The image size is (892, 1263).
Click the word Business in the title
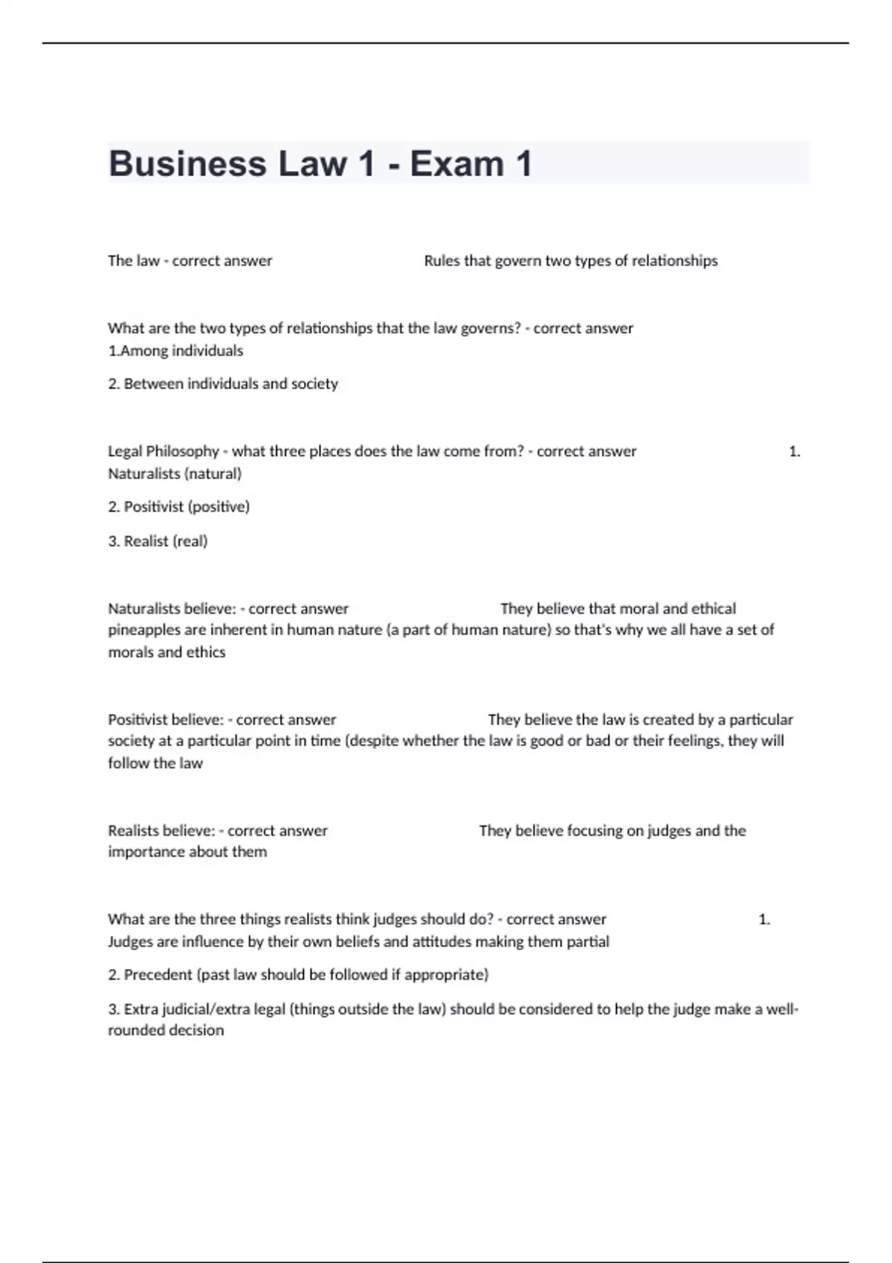[x=187, y=163]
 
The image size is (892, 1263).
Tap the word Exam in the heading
[x=456, y=163]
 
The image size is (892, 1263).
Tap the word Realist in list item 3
[x=146, y=541]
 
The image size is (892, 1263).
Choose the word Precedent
[x=158, y=974]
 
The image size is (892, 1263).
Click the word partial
[x=588, y=941]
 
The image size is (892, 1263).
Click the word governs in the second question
[x=491, y=328]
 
